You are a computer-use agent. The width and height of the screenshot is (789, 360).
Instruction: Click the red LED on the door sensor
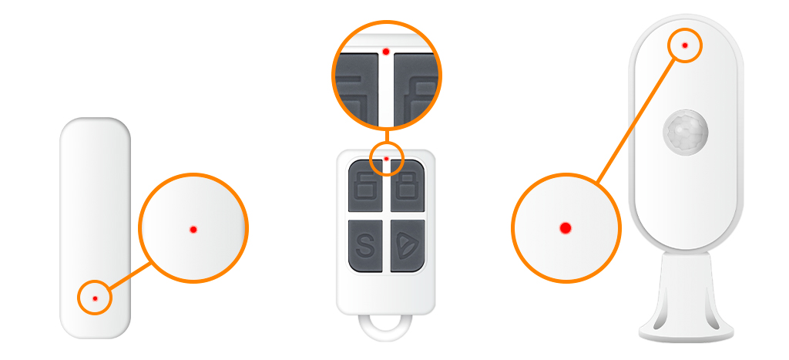pyautogui.click(x=95, y=298)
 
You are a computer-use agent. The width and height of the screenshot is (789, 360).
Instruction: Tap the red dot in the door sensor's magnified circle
pyautogui.click(x=193, y=229)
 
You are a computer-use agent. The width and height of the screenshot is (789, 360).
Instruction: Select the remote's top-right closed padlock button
pyautogui.click(x=405, y=187)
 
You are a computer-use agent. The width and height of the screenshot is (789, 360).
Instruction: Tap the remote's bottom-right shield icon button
pyautogui.click(x=405, y=246)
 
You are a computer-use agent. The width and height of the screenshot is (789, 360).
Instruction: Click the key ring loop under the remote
pyautogui.click(x=385, y=328)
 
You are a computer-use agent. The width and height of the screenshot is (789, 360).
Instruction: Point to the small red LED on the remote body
pyautogui.click(x=386, y=158)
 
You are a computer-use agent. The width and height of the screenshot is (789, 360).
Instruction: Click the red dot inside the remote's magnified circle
pyautogui.click(x=385, y=52)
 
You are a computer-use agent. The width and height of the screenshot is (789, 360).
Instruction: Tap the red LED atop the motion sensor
pyautogui.click(x=685, y=45)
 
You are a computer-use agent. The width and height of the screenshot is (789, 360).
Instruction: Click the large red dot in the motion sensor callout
pyautogui.click(x=565, y=227)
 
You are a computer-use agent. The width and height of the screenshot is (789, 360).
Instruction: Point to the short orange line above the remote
pyautogui.click(x=386, y=135)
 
